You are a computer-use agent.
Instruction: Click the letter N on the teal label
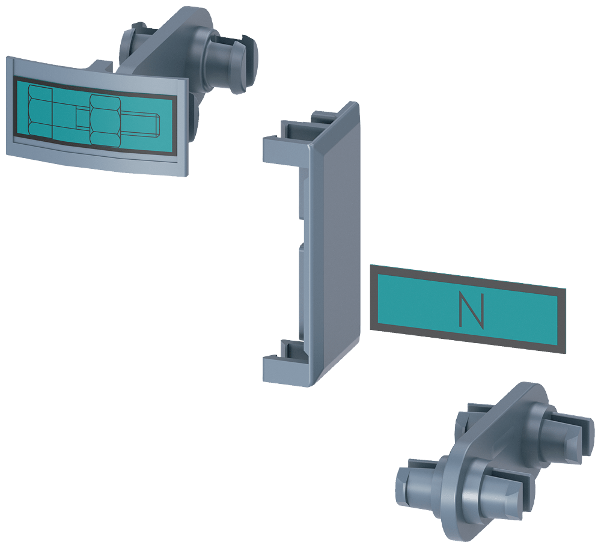click(x=471, y=310)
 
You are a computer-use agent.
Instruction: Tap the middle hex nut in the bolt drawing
click(x=105, y=120)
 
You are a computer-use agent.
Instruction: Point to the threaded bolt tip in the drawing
click(x=140, y=125)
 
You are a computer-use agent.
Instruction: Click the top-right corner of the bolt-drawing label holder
click(x=188, y=78)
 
